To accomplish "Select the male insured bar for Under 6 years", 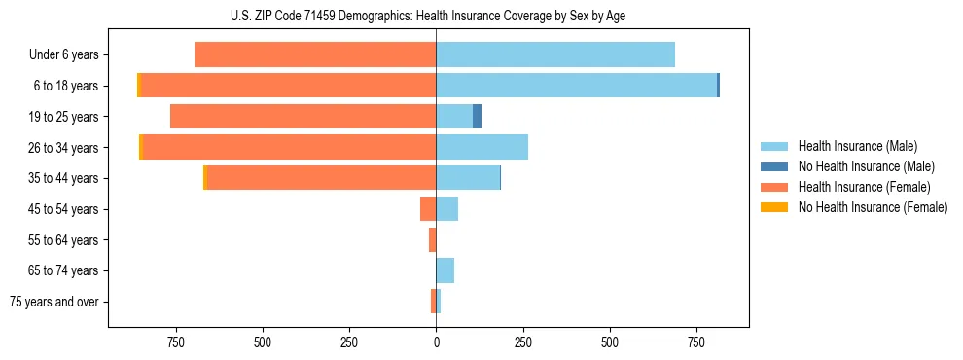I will point(554,54).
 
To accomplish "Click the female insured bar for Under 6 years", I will point(315,54).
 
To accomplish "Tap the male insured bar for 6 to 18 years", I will point(576,86).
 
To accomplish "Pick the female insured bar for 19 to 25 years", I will point(303,117).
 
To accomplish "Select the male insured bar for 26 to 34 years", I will point(481,147).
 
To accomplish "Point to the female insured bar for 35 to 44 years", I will point(321,178).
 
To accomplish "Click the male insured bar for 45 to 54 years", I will point(446,209).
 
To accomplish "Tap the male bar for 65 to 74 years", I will point(445,270).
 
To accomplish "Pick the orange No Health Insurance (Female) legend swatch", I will point(774,207).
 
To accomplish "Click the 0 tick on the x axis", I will point(436,342).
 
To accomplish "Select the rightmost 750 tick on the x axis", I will point(696,342).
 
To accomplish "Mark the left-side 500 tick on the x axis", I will point(263,342).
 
